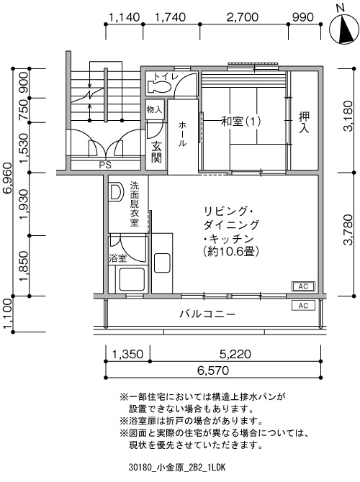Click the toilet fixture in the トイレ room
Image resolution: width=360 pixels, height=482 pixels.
click(159, 86)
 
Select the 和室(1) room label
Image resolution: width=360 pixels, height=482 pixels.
click(241, 122)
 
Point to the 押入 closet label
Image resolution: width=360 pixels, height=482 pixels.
click(304, 122)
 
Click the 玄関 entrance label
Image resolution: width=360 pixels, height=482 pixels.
click(156, 153)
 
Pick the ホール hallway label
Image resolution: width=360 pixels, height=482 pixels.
click(182, 134)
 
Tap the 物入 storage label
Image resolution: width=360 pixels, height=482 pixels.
click(154, 109)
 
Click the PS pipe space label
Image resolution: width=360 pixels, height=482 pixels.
click(105, 165)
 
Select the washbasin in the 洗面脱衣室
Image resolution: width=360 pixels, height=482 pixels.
click(117, 193)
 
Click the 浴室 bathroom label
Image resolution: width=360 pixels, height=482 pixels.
click(118, 258)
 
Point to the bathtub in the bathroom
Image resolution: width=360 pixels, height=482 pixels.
click(132, 279)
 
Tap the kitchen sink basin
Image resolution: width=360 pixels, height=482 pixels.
click(162, 263)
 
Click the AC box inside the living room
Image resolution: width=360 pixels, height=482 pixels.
click(303, 286)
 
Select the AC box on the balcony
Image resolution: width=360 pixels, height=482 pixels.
click(303, 306)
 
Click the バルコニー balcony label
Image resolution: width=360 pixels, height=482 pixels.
click(207, 314)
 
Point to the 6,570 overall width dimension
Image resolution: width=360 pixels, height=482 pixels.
click(213, 370)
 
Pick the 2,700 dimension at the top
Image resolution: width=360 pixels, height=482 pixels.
click(243, 17)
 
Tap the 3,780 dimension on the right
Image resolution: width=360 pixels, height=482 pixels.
click(348, 230)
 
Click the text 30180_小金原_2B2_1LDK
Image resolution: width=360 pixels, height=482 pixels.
click(177, 468)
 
